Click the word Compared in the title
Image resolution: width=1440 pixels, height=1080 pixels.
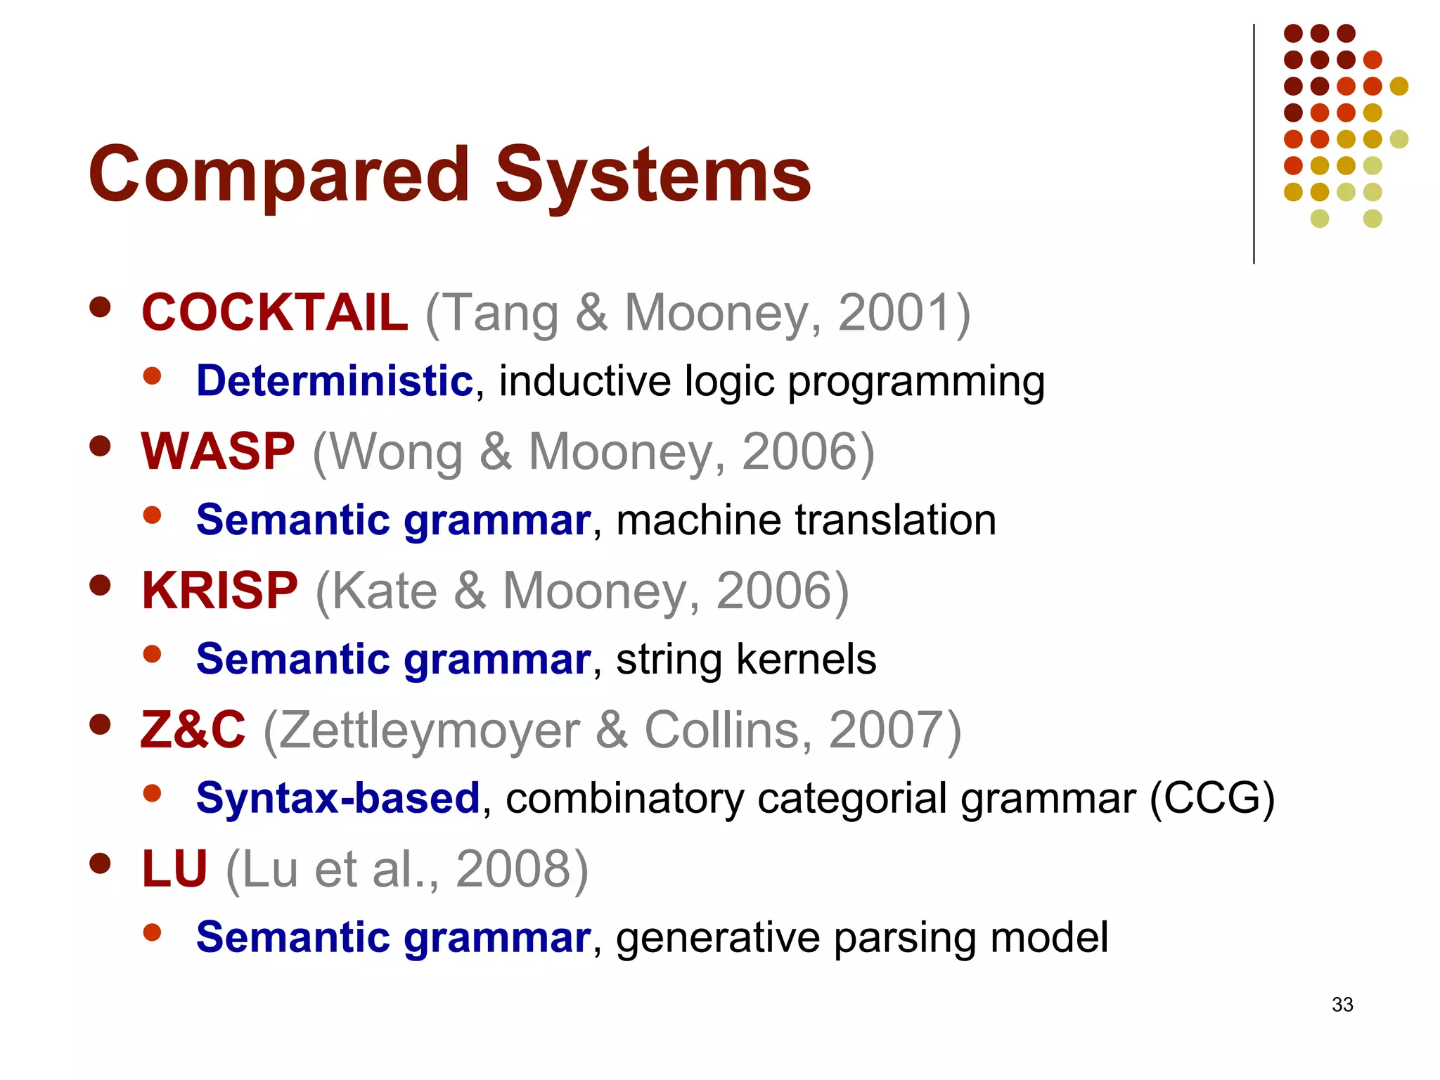coord(278,174)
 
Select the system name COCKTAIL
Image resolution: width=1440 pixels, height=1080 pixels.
coord(274,312)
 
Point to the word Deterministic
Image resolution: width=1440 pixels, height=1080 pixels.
coord(335,381)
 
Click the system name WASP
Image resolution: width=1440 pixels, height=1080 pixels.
coord(218,451)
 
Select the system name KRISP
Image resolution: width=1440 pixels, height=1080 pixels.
coord(219,591)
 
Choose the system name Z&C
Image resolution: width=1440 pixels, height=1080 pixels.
coord(193,730)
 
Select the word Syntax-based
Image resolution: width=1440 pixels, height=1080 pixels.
coord(338,799)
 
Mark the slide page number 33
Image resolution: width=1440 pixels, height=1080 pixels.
coord(1342,1005)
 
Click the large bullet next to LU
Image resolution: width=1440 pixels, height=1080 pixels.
coord(101,863)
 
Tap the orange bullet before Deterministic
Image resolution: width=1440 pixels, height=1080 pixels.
coord(152,375)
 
